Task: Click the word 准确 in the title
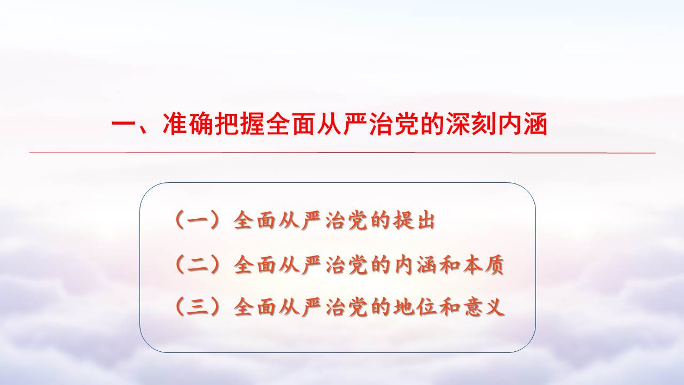(x=188, y=124)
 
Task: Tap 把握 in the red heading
(x=239, y=124)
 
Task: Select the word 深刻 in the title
(x=471, y=124)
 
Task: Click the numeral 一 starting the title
(x=124, y=125)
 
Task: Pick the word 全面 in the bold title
(x=291, y=124)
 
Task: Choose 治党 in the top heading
(x=394, y=124)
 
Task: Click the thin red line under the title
(x=343, y=152)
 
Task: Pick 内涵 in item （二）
(x=414, y=265)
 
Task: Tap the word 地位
(x=414, y=306)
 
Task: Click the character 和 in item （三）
(x=448, y=306)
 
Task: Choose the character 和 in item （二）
(x=448, y=265)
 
